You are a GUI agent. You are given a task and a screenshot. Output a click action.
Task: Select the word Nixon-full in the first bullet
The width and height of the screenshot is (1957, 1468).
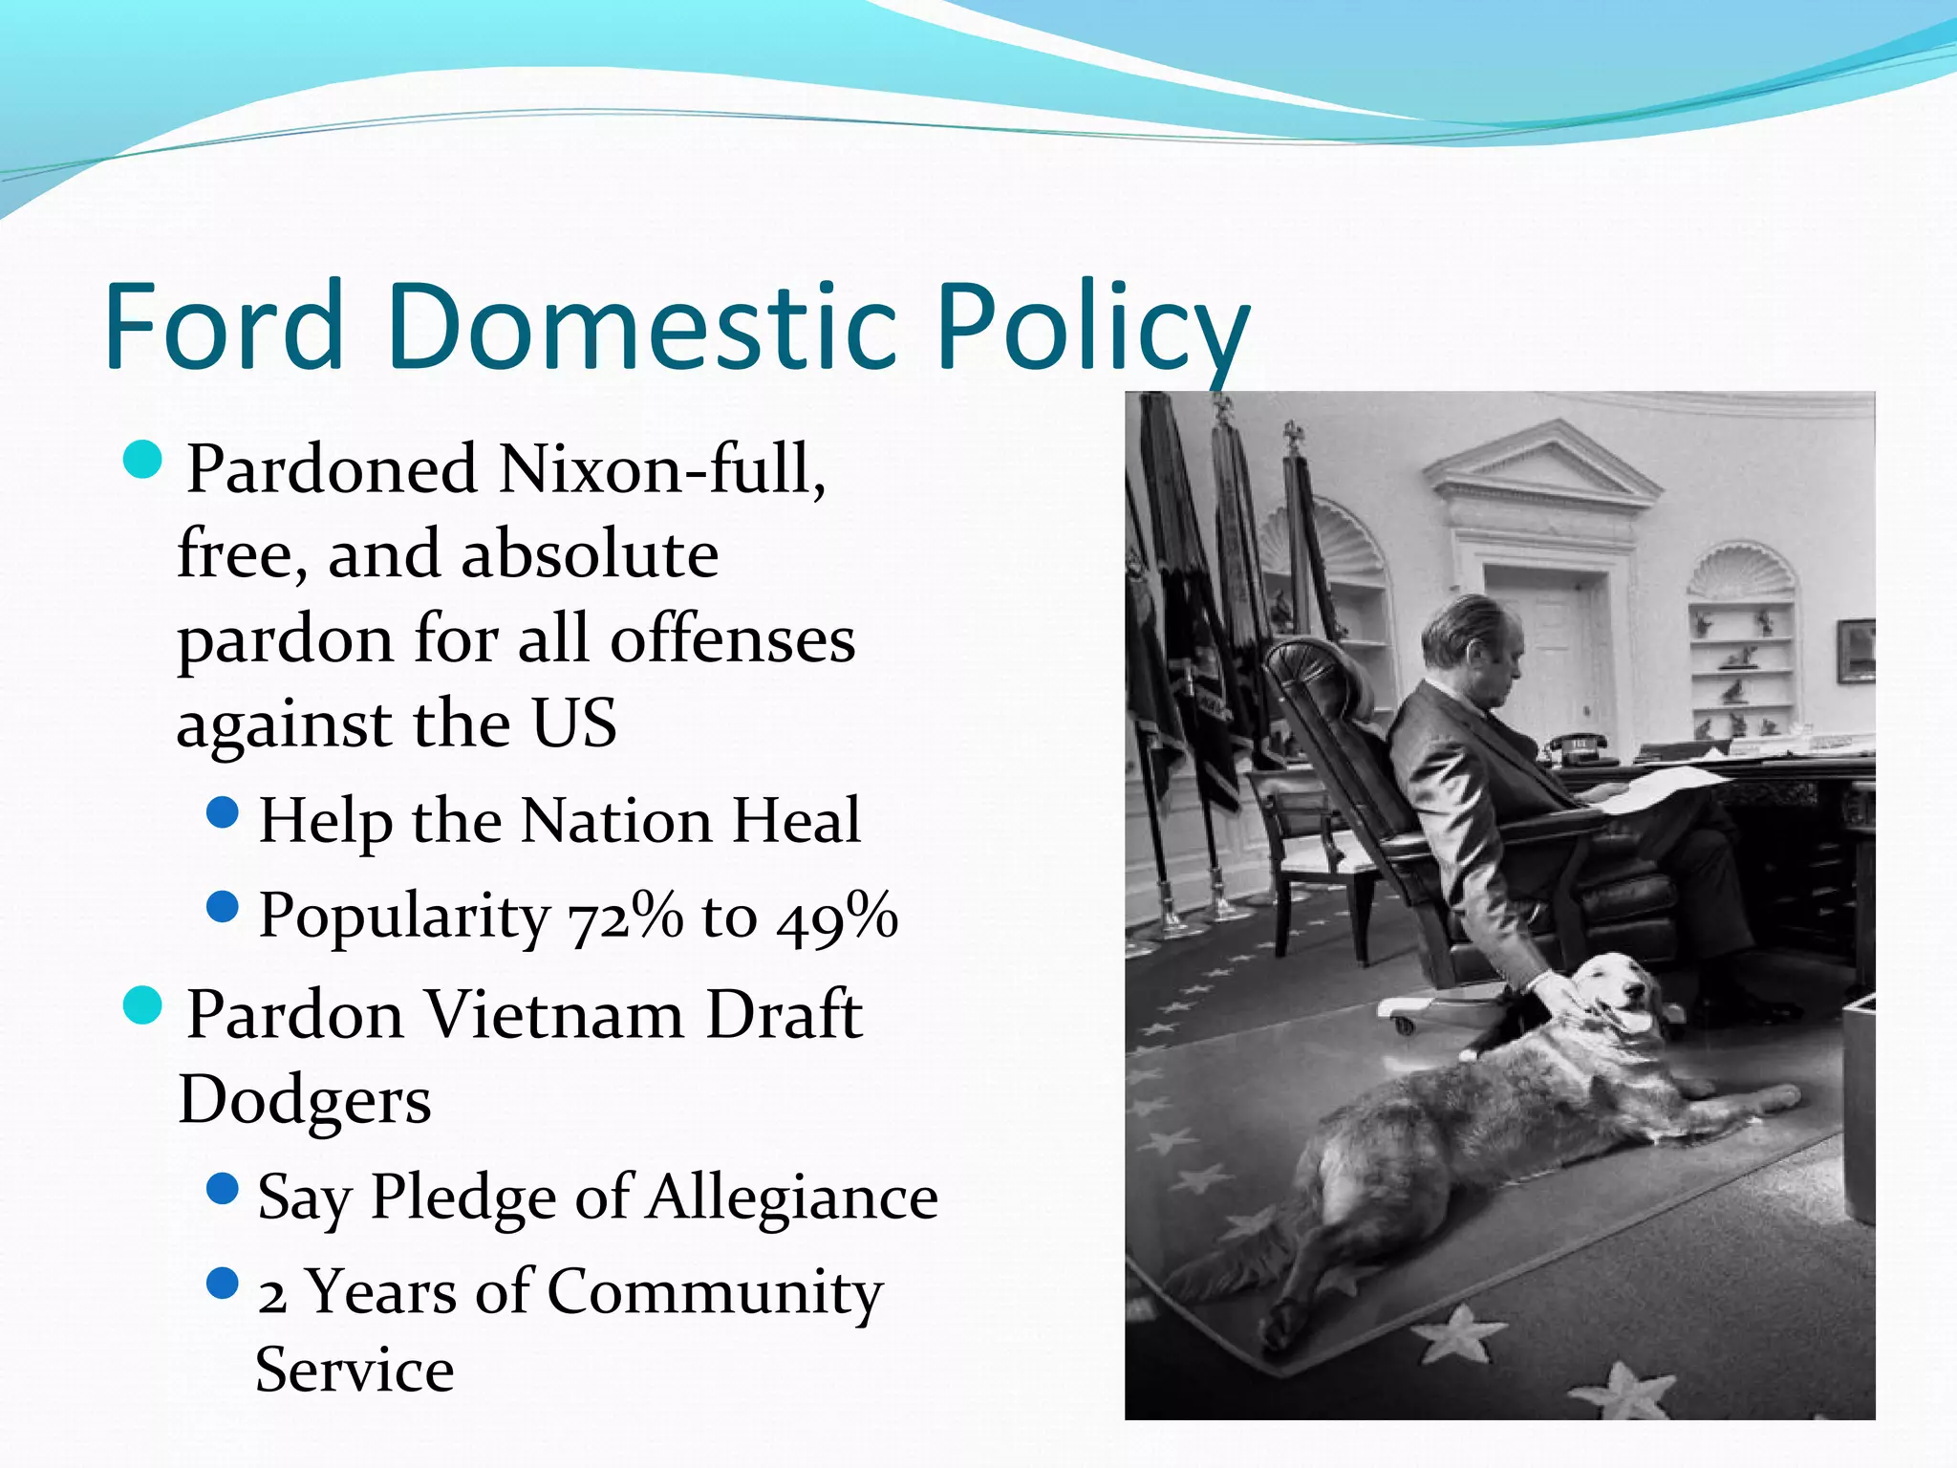(661, 470)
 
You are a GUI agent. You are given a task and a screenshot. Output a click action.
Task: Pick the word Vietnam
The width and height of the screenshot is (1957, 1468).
(554, 1015)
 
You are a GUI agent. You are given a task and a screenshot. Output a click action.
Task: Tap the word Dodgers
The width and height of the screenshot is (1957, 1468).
(305, 1101)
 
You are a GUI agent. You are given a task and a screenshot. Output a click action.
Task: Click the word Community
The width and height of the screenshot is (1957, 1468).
(715, 1292)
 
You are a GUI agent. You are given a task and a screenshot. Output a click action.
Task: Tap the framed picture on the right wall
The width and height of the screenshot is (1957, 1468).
(1855, 651)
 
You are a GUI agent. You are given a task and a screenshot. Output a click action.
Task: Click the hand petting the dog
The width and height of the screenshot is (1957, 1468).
(1554, 989)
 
